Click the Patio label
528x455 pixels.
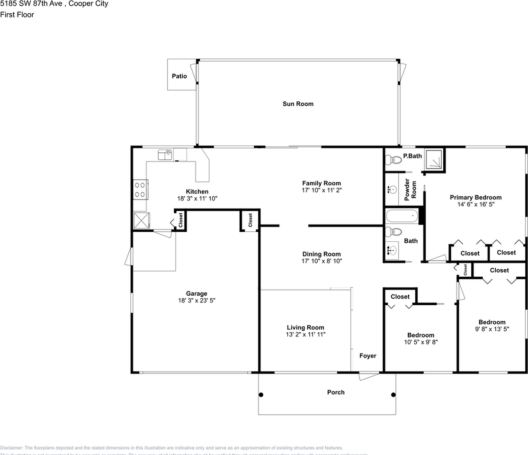click(179, 76)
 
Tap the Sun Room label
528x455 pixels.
click(298, 104)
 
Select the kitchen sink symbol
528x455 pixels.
click(164, 154)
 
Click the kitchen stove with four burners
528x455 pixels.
click(140, 189)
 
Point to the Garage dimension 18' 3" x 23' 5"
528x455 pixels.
click(196, 300)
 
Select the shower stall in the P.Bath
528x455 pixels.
click(433, 159)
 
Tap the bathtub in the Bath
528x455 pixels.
click(403, 217)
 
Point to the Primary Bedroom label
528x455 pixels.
click(475, 198)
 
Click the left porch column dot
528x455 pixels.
click(261, 394)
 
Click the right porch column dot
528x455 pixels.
click(393, 394)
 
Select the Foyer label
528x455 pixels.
click(367, 355)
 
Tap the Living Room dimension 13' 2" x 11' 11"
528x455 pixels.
click(305, 334)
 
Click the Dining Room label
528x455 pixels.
click(322, 254)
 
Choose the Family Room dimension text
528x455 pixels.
click(322, 190)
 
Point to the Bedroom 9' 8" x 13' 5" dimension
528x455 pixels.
click(492, 329)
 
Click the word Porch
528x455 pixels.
click(336, 392)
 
